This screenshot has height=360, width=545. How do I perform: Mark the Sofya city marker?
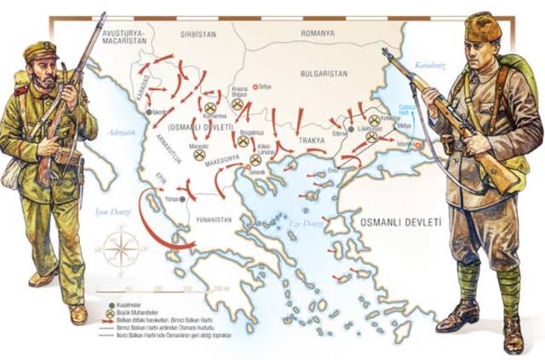(253, 87)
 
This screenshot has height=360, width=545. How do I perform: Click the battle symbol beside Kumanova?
(209, 106)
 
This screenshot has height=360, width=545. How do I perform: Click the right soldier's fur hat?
(483, 27)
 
